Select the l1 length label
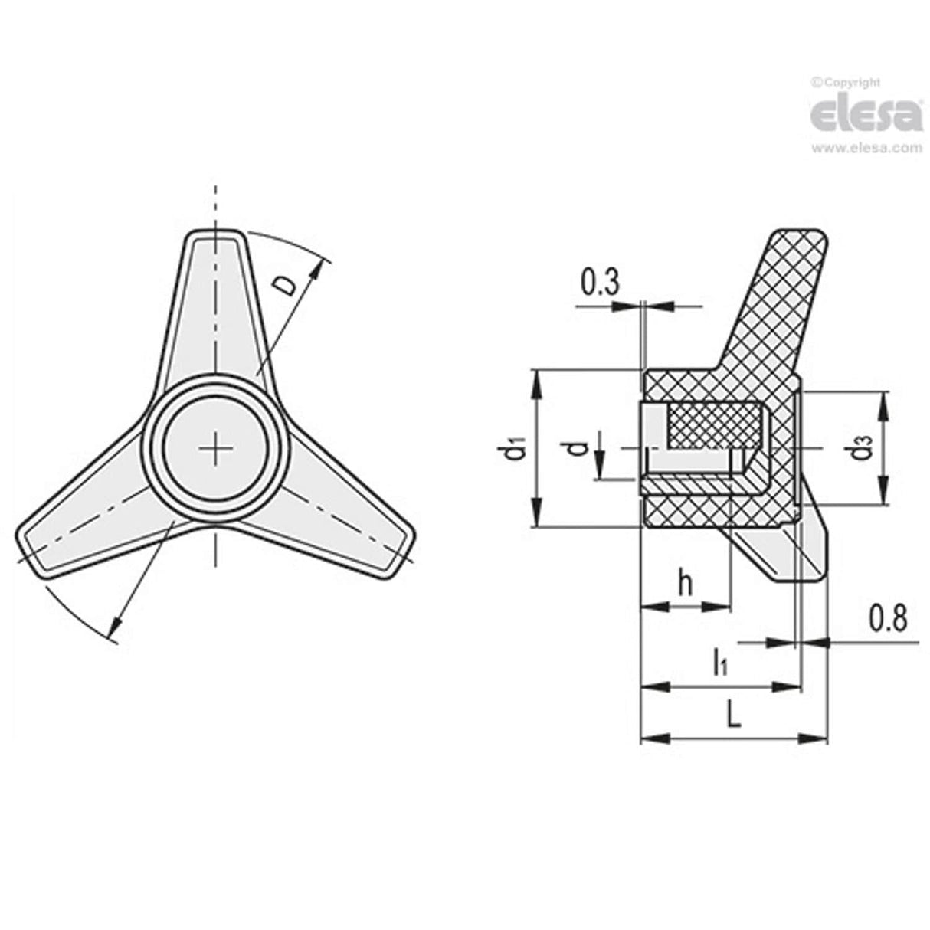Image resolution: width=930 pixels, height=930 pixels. coord(719,661)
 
